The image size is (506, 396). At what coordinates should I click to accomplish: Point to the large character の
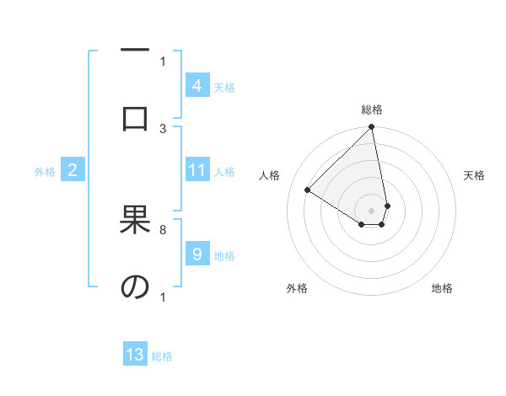coord(134,287)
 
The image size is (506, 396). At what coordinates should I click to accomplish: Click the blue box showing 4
coord(196,86)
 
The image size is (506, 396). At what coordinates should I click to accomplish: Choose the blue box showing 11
coord(196,171)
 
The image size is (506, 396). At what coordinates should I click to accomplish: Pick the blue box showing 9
coord(196,254)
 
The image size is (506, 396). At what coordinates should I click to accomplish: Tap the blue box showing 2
coord(73,171)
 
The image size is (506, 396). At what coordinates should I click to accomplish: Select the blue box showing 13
coord(135,355)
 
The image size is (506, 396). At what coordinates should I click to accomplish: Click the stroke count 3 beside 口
coord(164,128)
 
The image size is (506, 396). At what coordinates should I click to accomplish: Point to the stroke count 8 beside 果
coord(163,229)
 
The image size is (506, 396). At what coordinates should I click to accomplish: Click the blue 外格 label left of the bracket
coord(45,172)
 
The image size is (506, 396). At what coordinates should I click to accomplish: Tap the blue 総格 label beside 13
coord(162,356)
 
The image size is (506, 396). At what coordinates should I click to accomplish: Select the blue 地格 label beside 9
coord(224,255)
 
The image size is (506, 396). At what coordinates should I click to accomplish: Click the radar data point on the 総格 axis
coord(371,128)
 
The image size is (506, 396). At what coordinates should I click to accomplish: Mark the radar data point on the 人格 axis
coord(308,190)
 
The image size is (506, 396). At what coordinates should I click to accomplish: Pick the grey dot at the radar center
coord(371,210)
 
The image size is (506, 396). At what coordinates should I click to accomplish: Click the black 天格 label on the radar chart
coord(474,175)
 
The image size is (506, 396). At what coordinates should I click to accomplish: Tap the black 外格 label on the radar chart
coord(296,288)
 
